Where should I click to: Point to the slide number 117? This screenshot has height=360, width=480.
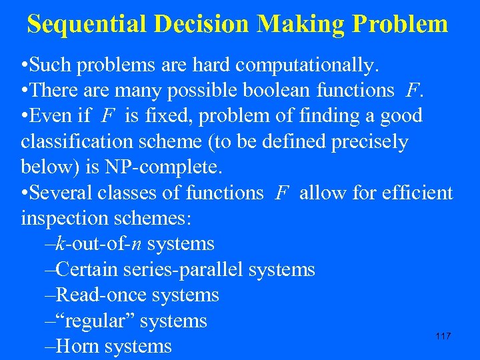(x=443, y=336)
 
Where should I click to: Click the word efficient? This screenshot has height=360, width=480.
(x=411, y=193)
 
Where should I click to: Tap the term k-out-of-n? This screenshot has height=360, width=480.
(x=99, y=244)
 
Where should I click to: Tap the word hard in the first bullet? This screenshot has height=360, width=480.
(x=211, y=66)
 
